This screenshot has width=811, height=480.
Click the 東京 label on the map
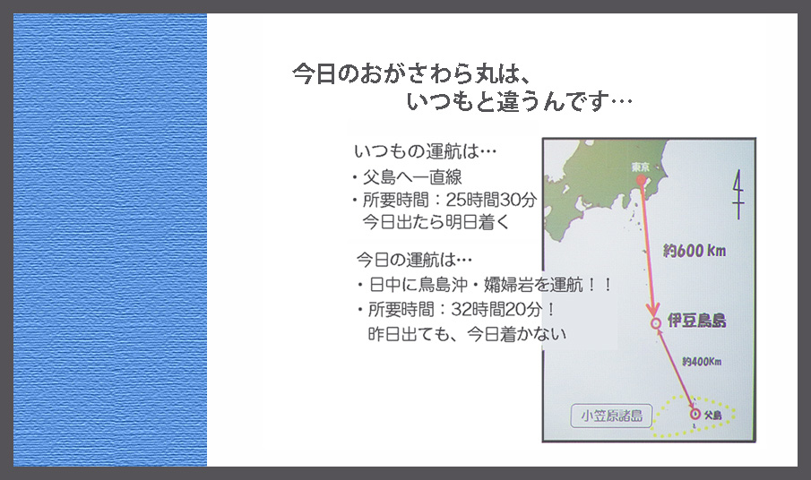point(641,167)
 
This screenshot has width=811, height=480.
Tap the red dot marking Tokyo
point(642,180)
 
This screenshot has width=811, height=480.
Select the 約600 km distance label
point(695,251)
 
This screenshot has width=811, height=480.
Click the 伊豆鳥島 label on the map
point(696,321)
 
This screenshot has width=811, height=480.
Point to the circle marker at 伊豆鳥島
point(656,323)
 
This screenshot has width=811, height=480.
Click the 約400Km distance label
point(702,361)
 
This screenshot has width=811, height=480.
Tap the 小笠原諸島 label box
point(611,416)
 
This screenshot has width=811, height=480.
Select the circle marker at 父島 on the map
point(695,414)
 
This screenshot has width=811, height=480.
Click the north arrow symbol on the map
point(738,195)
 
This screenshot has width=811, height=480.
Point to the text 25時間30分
point(491,200)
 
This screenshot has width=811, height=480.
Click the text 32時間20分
point(496,309)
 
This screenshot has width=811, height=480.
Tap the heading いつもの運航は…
point(425,151)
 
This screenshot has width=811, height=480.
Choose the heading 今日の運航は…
point(414,259)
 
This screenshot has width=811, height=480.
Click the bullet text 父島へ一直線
point(412,177)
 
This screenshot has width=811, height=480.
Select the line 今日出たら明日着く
point(436,222)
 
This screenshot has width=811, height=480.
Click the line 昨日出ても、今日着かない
point(468,334)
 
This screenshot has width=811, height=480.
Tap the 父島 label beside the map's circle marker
point(713,415)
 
